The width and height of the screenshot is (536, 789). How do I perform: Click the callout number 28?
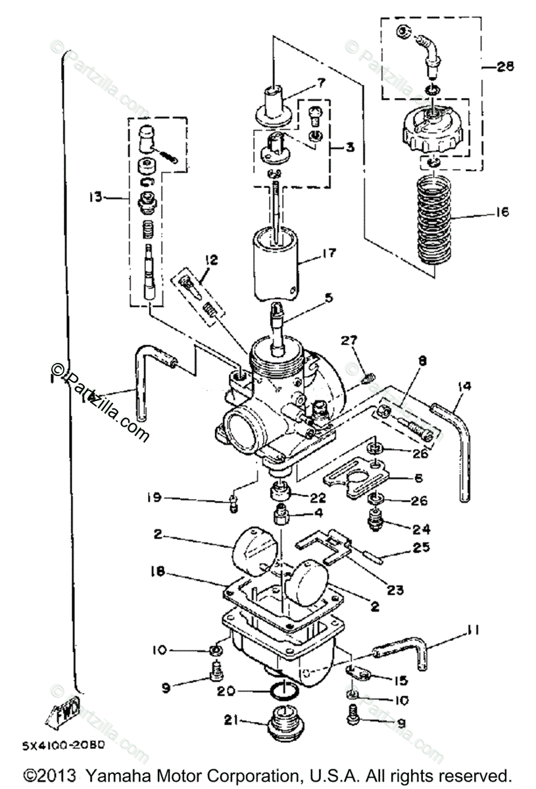pos(505,66)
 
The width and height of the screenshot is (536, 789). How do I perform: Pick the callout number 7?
pos(321,83)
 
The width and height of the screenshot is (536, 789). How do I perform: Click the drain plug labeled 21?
pos(284,721)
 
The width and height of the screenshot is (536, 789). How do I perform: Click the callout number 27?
pos(348,340)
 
